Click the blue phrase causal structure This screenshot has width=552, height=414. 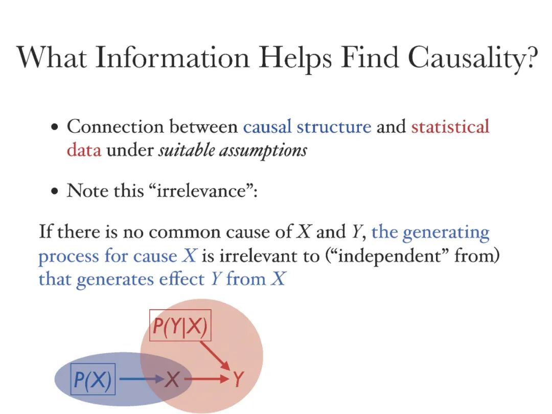[x=307, y=126]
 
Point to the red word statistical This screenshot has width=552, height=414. [x=450, y=126]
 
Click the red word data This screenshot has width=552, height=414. [x=84, y=150]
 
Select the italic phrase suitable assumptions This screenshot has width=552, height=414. [x=233, y=151]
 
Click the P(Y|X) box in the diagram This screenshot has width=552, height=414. [x=180, y=326]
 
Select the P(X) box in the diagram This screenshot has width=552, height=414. [x=93, y=379]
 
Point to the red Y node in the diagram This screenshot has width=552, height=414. [x=238, y=379]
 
